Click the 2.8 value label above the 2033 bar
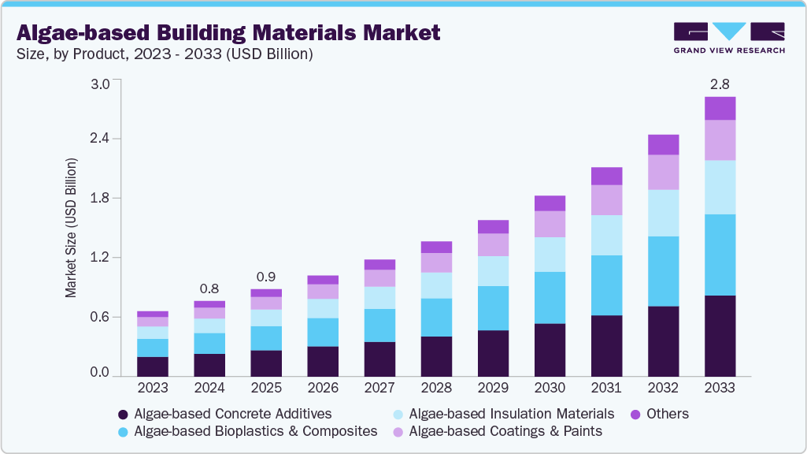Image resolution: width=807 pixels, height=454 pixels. (720, 84)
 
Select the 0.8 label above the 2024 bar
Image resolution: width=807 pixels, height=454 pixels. (209, 288)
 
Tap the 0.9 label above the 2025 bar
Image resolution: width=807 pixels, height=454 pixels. (266, 277)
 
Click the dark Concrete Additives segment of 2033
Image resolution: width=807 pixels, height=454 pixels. (720, 336)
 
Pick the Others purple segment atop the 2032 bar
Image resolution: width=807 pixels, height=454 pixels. (663, 144)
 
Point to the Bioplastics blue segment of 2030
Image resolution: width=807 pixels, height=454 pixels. (550, 297)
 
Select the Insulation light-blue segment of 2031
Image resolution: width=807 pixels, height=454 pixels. (606, 235)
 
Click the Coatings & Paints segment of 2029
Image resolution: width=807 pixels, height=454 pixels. (493, 244)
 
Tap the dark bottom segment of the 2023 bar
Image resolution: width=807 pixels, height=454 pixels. (153, 367)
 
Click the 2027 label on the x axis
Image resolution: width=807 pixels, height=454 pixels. (379, 388)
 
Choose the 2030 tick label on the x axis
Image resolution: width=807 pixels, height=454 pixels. (550, 388)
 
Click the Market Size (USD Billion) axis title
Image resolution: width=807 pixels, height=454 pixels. (71, 228)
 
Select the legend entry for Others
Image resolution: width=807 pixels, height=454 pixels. (664, 414)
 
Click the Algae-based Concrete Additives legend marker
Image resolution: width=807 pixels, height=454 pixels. (122, 415)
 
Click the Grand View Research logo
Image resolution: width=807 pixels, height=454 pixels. (729, 38)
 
